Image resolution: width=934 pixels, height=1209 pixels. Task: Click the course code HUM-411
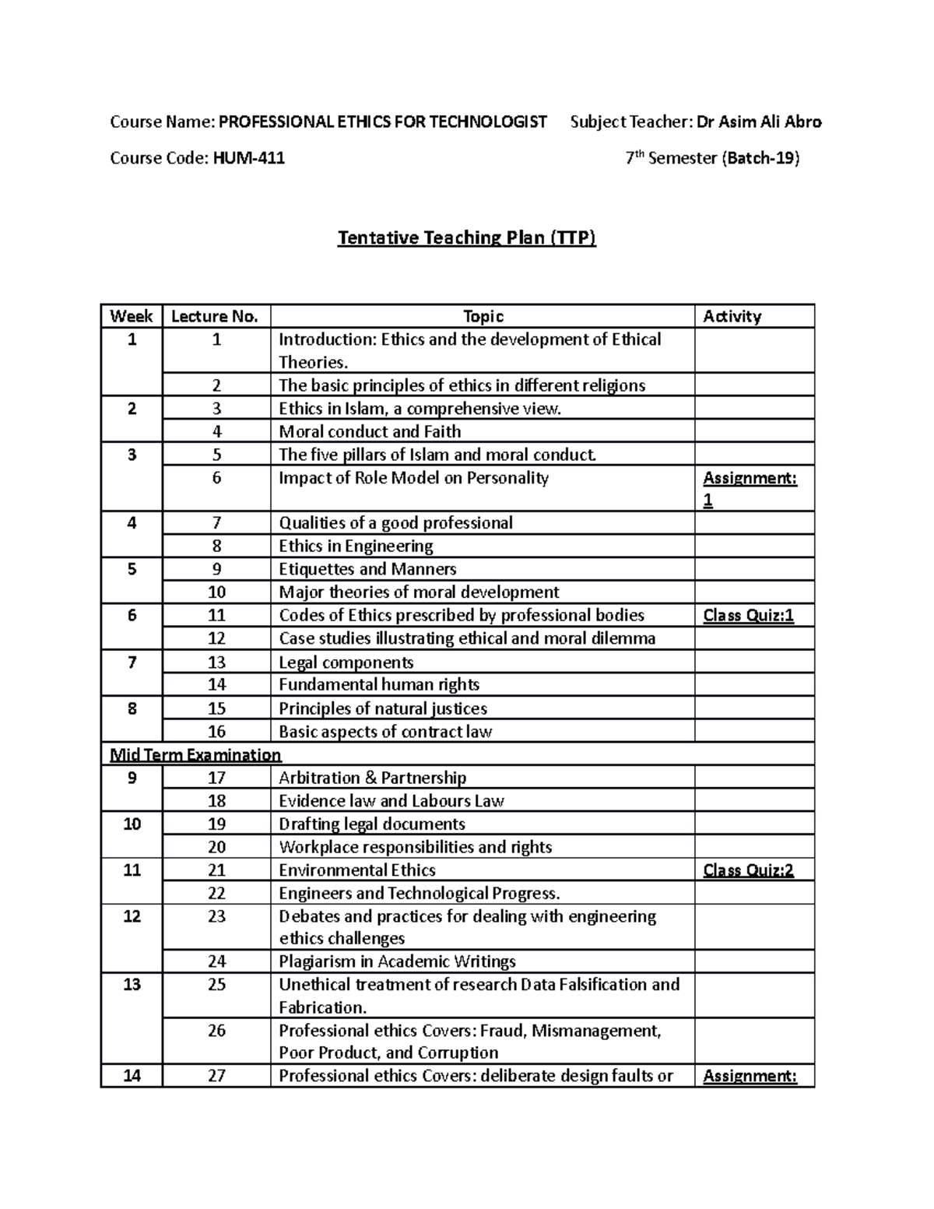click(248, 159)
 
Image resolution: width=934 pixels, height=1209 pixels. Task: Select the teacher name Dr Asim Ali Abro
click(759, 121)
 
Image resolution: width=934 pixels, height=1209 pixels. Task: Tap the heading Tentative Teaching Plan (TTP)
click(466, 237)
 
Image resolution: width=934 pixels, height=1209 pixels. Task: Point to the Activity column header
click(732, 316)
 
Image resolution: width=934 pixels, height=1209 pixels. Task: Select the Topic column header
click(483, 316)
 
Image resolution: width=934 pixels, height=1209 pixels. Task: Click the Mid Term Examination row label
click(195, 754)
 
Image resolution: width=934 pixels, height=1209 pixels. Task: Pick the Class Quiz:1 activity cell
click(748, 616)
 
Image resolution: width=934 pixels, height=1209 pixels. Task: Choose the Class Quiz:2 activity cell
click(748, 870)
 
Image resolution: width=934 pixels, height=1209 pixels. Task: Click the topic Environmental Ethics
click(356, 870)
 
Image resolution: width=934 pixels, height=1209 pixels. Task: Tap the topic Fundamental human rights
click(379, 685)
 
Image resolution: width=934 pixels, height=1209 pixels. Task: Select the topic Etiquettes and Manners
click(367, 569)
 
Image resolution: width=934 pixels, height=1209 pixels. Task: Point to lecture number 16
click(216, 732)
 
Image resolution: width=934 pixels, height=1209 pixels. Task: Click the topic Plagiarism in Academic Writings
click(397, 961)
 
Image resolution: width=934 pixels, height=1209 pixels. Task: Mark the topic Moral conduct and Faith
click(370, 431)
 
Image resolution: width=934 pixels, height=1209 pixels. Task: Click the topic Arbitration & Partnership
click(372, 778)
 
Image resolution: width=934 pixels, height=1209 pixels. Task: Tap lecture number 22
click(216, 893)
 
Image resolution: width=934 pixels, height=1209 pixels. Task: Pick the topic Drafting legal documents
click(372, 824)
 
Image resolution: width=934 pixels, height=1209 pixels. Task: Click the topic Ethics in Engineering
click(356, 546)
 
